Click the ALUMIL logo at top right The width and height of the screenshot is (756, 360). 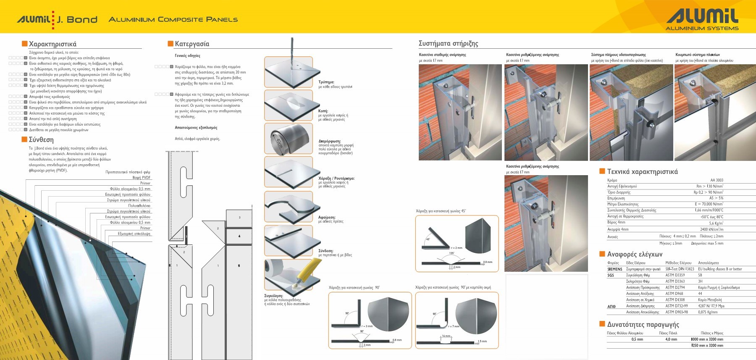click(702, 19)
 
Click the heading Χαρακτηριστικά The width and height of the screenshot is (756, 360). click(52, 44)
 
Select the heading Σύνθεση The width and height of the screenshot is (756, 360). click(41, 140)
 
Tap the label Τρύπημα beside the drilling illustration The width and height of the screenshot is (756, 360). click(326, 82)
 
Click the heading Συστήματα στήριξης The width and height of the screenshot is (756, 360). click(448, 44)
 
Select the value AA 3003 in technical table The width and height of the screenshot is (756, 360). click(717, 180)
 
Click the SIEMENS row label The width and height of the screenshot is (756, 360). click(614, 269)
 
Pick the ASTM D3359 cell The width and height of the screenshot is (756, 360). click(675, 275)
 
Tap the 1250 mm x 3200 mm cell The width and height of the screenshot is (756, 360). click(707, 345)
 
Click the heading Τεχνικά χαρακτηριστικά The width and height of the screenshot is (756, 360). click(642, 172)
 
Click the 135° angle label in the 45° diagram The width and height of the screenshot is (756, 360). click(451, 253)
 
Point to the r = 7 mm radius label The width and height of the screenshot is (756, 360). click(454, 326)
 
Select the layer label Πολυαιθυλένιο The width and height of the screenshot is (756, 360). click(139, 206)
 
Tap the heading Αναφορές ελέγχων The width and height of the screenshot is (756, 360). click(634, 255)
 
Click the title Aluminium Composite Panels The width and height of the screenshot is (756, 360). click(173, 20)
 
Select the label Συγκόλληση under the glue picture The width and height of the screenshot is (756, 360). click(273, 296)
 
